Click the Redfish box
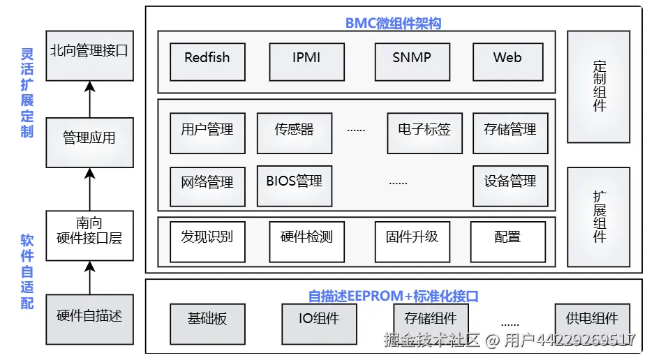(207, 61)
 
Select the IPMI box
(306, 61)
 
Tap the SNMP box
(411, 61)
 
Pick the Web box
(507, 61)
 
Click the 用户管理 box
(207, 133)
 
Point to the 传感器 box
(294, 133)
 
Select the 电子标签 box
(424, 133)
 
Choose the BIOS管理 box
(294, 185)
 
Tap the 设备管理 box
(510, 185)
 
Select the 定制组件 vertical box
(599, 87)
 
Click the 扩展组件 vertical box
(599, 216)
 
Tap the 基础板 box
(207, 323)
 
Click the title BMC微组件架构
(393, 23)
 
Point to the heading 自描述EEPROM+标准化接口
(393, 296)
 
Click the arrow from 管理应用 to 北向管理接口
(89, 99)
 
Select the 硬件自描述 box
(89, 319)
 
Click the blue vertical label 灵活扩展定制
(27, 92)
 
